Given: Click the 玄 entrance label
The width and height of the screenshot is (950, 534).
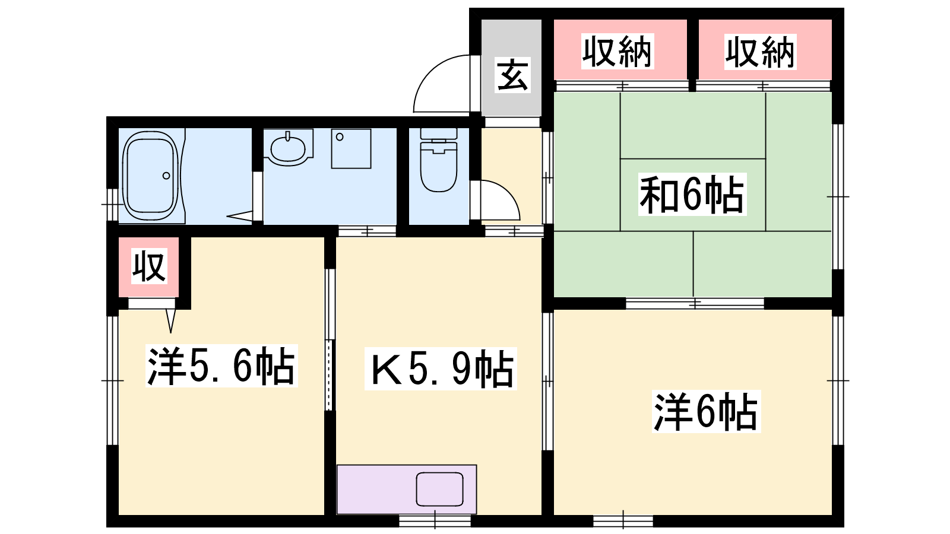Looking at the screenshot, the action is [x=513, y=75].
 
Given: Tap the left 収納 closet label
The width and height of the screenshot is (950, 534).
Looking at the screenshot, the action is [x=617, y=52].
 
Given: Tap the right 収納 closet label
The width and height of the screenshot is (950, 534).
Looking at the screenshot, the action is [x=760, y=52].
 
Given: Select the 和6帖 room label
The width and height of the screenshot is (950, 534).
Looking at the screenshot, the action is [x=692, y=195].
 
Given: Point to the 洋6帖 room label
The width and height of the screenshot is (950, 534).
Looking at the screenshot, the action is [x=706, y=412].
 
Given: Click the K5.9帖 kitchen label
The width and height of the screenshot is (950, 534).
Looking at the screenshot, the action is [x=440, y=368].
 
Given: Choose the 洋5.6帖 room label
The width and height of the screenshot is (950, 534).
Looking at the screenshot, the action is [x=221, y=365].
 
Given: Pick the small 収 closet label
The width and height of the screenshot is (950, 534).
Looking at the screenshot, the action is [x=149, y=266].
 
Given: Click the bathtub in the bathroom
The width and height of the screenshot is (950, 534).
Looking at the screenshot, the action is [x=151, y=176].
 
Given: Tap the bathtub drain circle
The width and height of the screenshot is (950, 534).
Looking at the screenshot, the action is [x=166, y=176].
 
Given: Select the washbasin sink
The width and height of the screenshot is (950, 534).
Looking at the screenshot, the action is [x=288, y=148].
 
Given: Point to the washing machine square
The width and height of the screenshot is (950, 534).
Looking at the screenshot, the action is [x=351, y=149].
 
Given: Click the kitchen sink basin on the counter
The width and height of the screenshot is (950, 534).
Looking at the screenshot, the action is [x=439, y=489].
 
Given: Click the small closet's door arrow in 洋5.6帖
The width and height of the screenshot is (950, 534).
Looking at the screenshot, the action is [x=171, y=321].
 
